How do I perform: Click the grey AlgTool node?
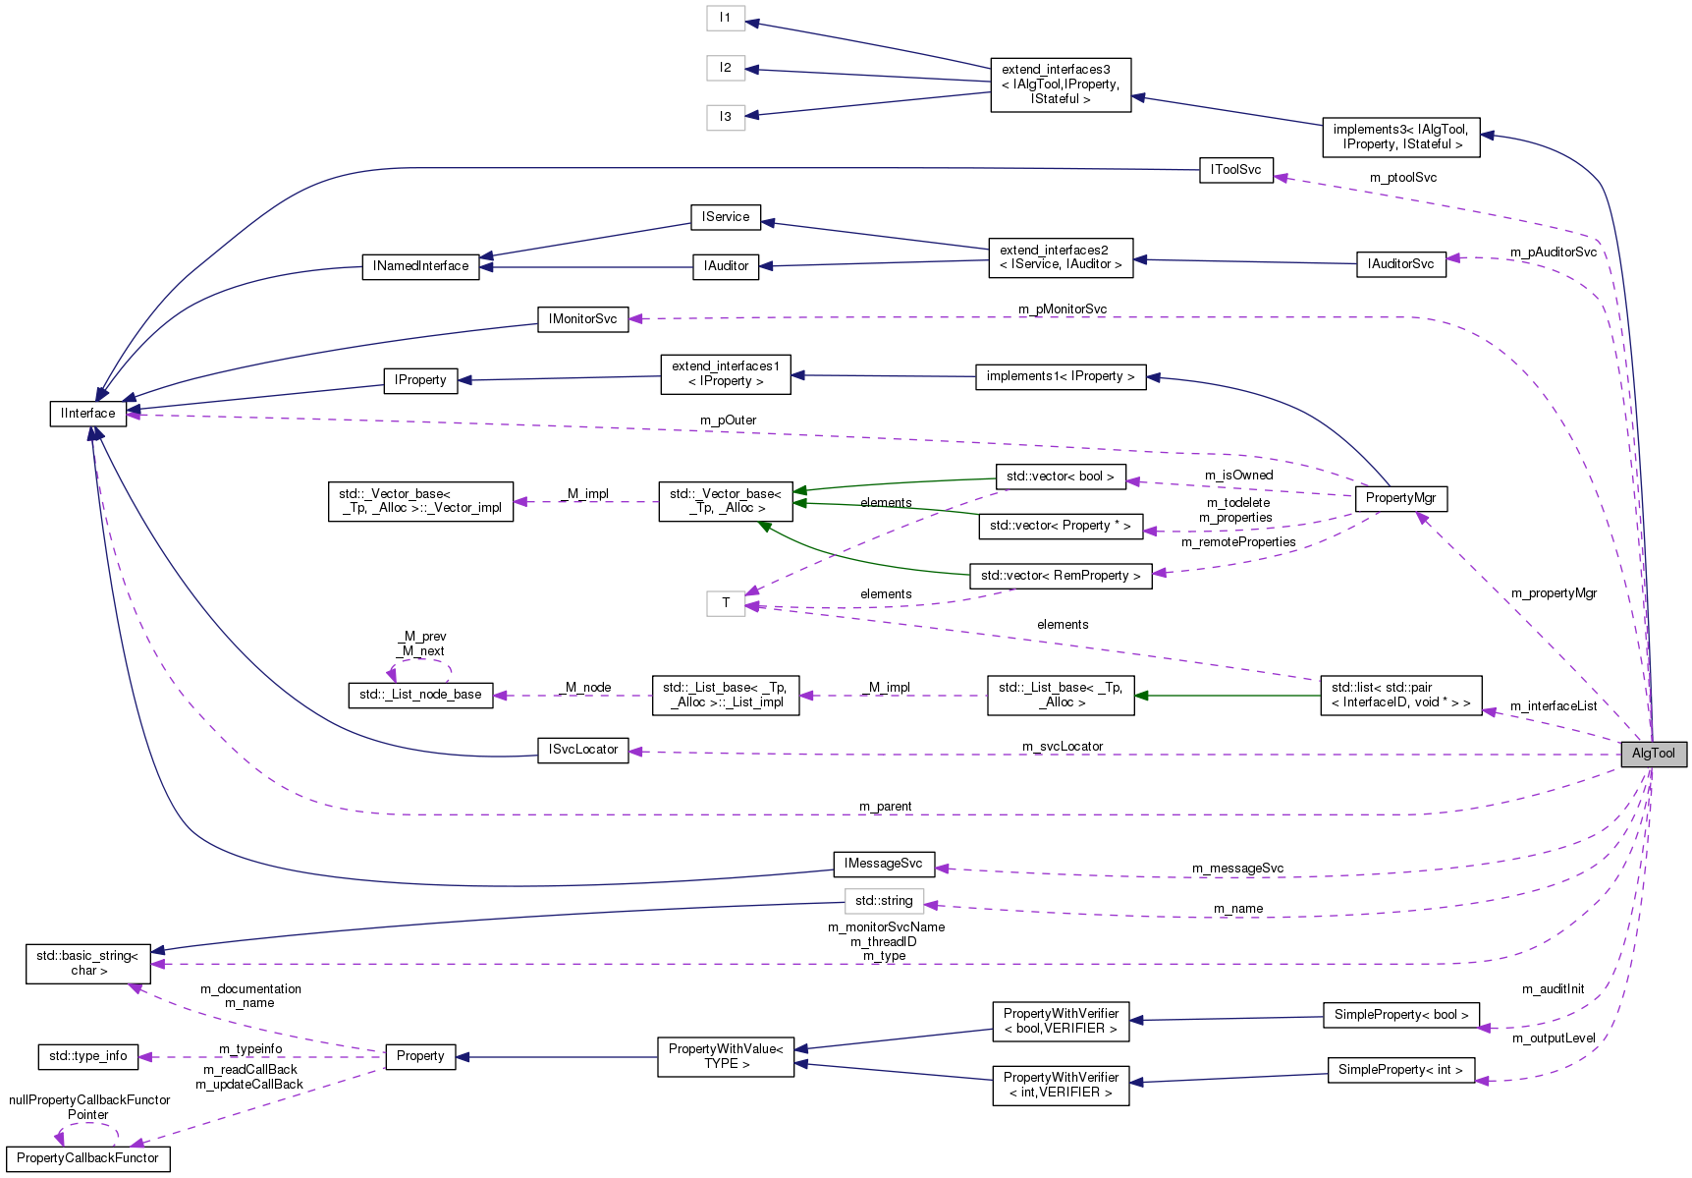pyautogui.click(x=1653, y=754)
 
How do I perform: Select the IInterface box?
pyautogui.click(x=87, y=414)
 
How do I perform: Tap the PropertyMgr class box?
pyautogui.click(x=1400, y=498)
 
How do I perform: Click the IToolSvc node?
pyautogui.click(x=1235, y=170)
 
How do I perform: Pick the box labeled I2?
pyautogui.click(x=725, y=68)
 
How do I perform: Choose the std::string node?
pyautogui.click(x=883, y=901)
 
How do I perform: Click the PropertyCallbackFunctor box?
pyautogui.click(x=87, y=1158)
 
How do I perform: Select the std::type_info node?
pyautogui.click(x=87, y=1056)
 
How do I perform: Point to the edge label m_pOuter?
pyautogui.click(x=728, y=421)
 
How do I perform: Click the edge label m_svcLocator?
pyautogui.click(x=1063, y=747)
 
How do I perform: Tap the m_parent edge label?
pyautogui.click(x=885, y=807)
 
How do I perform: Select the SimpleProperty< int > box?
pyautogui.click(x=1400, y=1070)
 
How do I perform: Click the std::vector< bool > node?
pyautogui.click(x=1060, y=477)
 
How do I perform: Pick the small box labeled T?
pyautogui.click(x=725, y=603)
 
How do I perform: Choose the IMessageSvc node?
pyautogui.click(x=883, y=864)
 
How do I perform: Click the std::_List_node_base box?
pyautogui.click(x=420, y=695)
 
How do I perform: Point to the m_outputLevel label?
pyautogui.click(x=1554, y=1038)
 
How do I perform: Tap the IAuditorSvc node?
pyautogui.click(x=1400, y=264)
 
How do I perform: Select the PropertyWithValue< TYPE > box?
pyautogui.click(x=725, y=1056)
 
